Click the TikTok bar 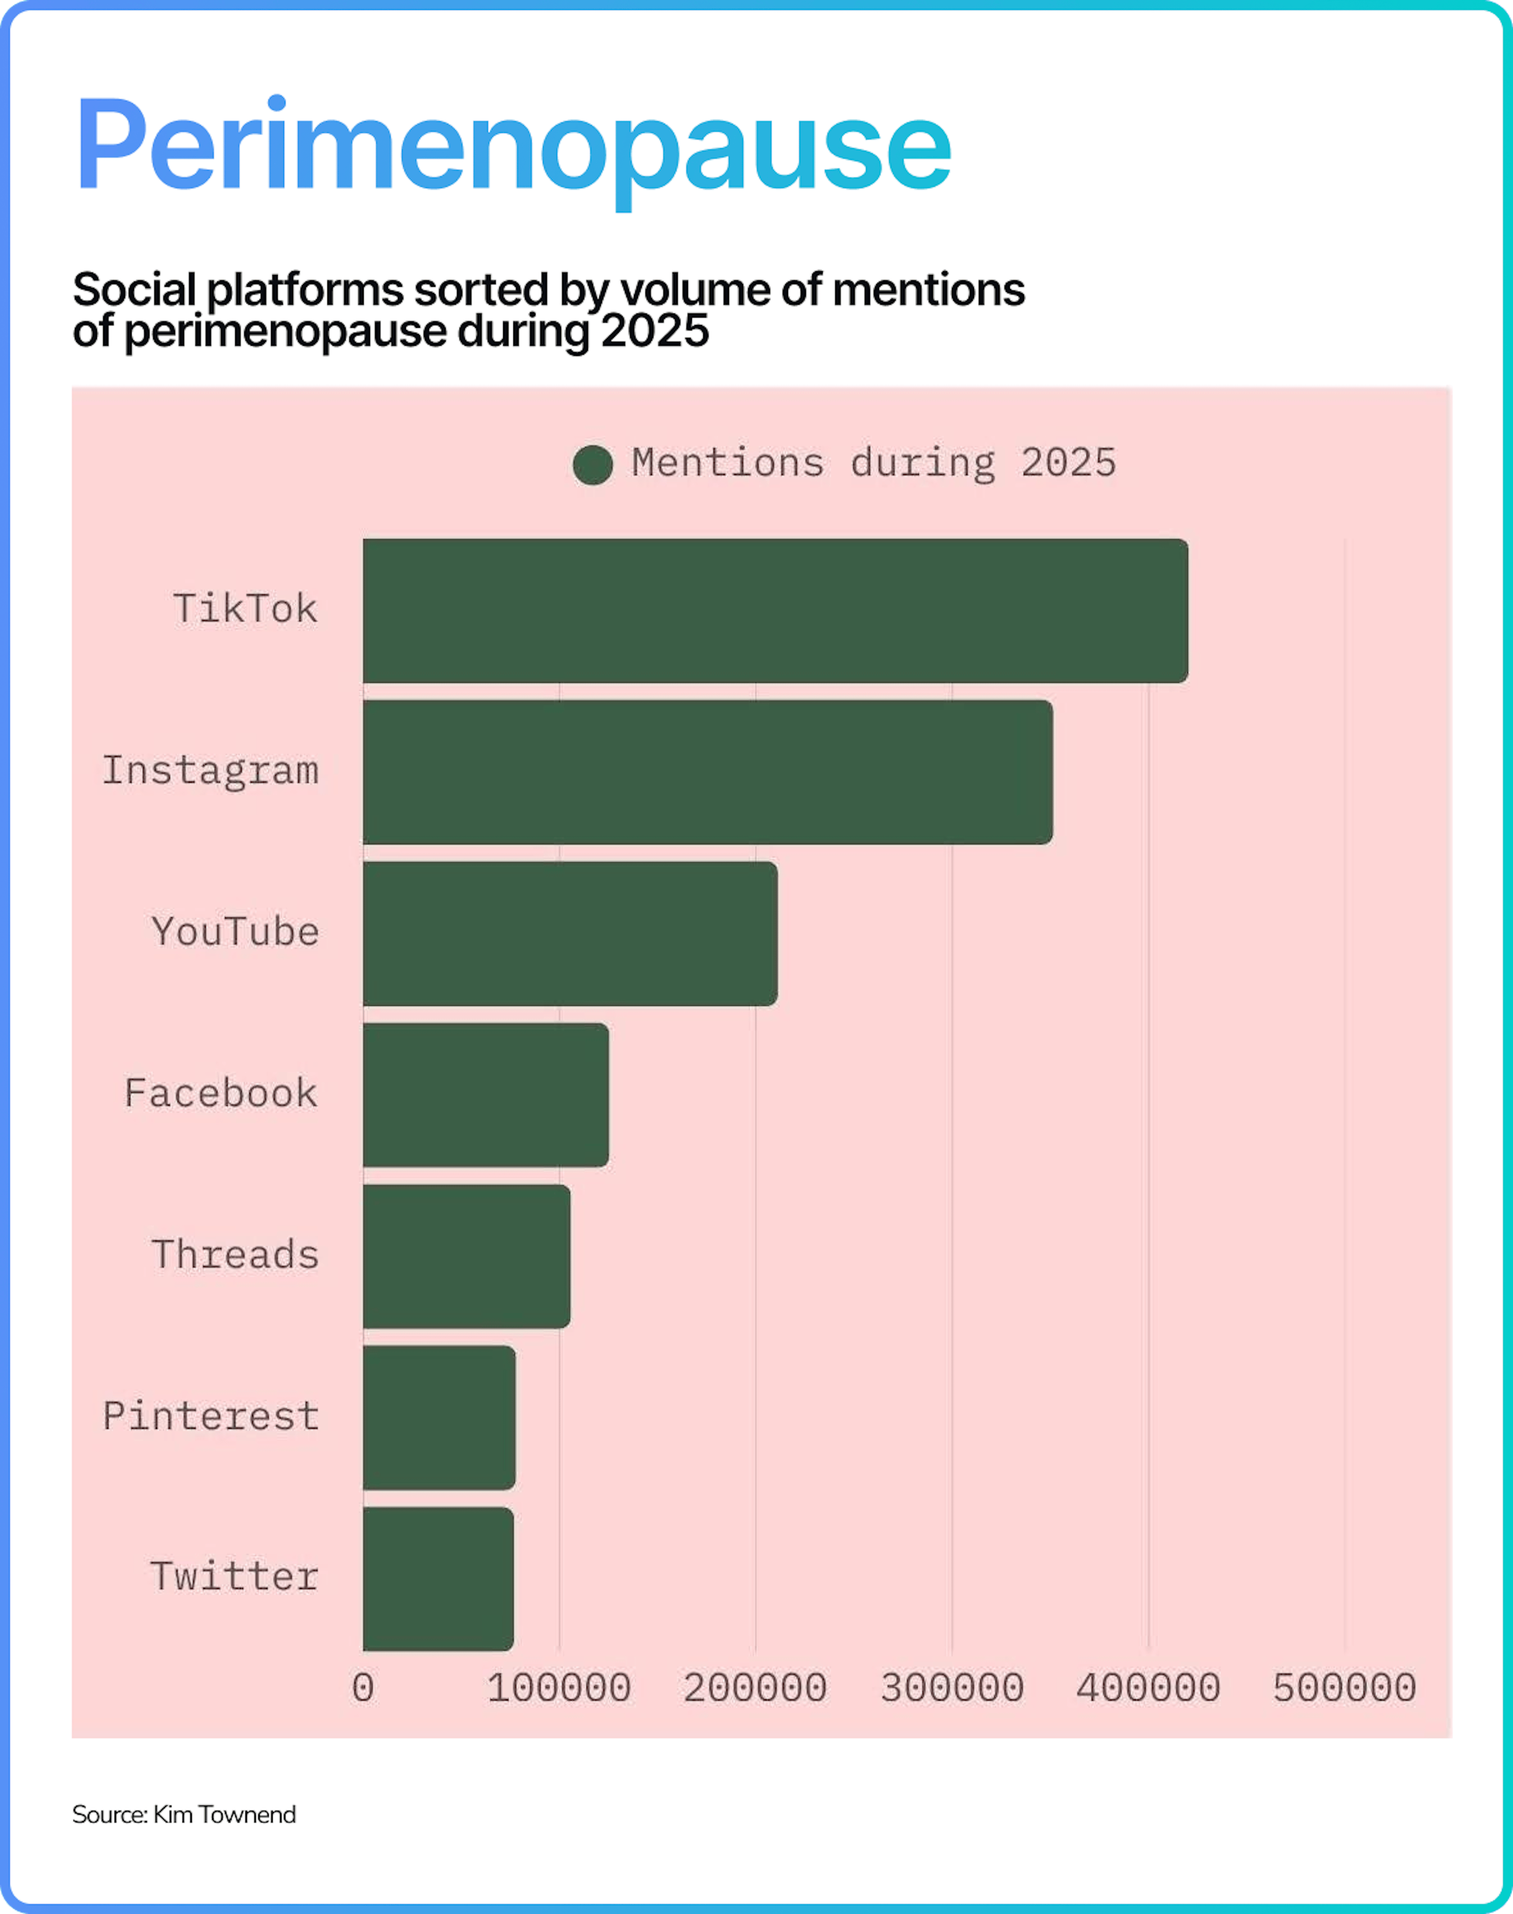pos(775,610)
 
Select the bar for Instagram pos(708,771)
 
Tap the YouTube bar pos(570,934)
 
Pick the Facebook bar pos(485,1095)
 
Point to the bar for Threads pos(466,1256)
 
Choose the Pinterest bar pos(439,1417)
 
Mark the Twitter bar pos(438,1578)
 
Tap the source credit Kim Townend pos(224,1815)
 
